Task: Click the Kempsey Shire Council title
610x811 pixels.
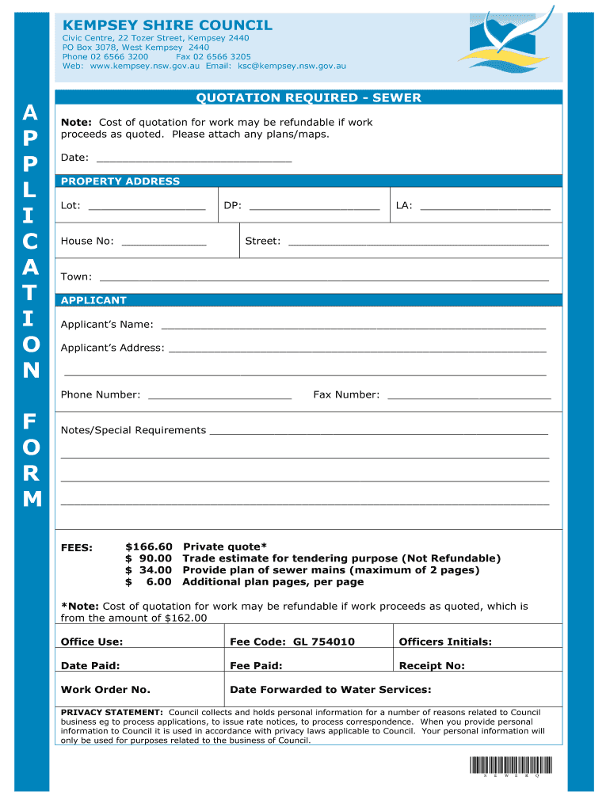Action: pyautogui.click(x=167, y=25)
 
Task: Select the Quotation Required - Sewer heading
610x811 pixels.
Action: pyautogui.click(x=308, y=98)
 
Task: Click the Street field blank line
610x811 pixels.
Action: pyautogui.click(x=417, y=243)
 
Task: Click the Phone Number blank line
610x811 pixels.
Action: pyautogui.click(x=219, y=396)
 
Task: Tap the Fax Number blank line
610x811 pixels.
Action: pyautogui.click(x=468, y=396)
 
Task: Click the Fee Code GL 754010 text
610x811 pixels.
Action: pyautogui.click(x=292, y=642)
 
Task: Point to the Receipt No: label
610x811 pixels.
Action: pyautogui.click(x=432, y=666)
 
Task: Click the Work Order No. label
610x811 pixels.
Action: pyautogui.click(x=105, y=690)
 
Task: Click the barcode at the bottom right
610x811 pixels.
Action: pyautogui.click(x=510, y=765)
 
